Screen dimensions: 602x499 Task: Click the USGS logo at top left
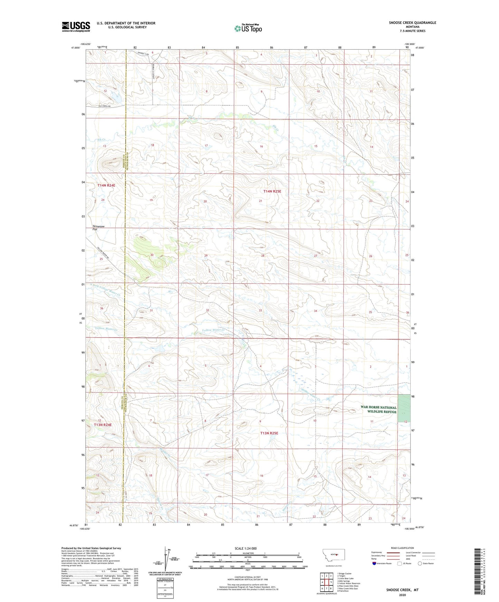(76, 27)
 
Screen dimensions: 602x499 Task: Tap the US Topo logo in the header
(248, 28)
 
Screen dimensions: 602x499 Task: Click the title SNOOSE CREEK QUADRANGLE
(412, 23)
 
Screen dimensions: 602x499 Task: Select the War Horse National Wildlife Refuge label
(378, 409)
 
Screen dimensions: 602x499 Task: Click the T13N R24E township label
(103, 425)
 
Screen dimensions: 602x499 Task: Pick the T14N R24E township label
(106, 185)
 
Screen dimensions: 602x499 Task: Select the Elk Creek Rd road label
(104, 106)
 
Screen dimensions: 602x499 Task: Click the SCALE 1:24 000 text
(246, 549)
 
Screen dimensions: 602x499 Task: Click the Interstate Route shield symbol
(374, 563)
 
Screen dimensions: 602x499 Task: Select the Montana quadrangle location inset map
(333, 555)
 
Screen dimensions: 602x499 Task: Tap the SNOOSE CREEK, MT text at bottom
(402, 590)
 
